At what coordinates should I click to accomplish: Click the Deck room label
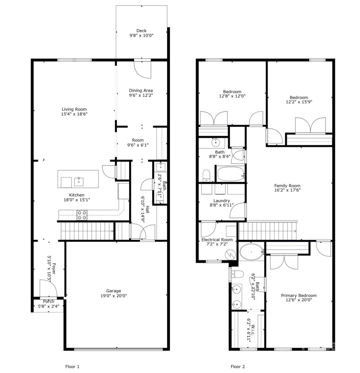141,31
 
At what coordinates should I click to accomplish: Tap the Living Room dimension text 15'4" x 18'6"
74,114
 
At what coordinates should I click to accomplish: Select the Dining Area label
141,90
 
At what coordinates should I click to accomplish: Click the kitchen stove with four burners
82,215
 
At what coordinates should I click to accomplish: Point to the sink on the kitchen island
79,181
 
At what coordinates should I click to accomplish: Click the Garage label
114,291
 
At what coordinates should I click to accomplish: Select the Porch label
48,301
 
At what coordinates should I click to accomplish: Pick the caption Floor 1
72,367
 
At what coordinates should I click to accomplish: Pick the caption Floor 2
238,367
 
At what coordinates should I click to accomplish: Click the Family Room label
287,186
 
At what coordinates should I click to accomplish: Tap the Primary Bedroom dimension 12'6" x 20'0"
299,300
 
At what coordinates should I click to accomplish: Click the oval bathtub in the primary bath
251,252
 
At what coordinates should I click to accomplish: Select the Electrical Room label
217,239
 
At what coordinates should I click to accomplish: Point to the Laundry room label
221,201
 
